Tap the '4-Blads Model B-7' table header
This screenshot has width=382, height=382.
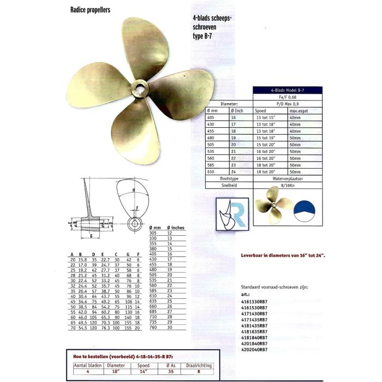point(288,91)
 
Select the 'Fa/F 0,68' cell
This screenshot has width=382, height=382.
point(288,97)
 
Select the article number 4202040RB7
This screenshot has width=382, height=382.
point(254,349)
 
